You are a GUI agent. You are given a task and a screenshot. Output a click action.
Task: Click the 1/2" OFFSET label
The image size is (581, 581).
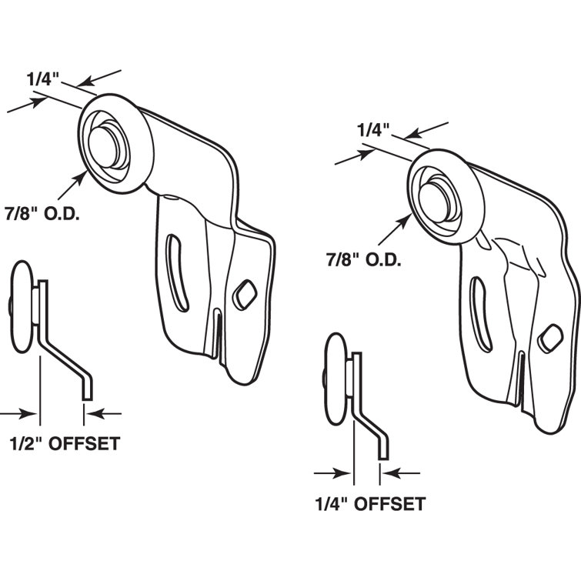click(65, 444)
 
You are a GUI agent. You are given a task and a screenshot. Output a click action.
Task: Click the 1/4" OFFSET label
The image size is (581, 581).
click(369, 504)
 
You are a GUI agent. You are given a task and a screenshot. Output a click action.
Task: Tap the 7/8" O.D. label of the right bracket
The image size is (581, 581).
click(362, 259)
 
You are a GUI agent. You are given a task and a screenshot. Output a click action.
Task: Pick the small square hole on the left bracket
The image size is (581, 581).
click(244, 292)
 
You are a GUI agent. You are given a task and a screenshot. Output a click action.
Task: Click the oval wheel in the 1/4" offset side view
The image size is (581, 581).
click(337, 379)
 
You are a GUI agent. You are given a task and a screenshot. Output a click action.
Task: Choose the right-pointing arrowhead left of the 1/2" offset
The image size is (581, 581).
click(29, 413)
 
